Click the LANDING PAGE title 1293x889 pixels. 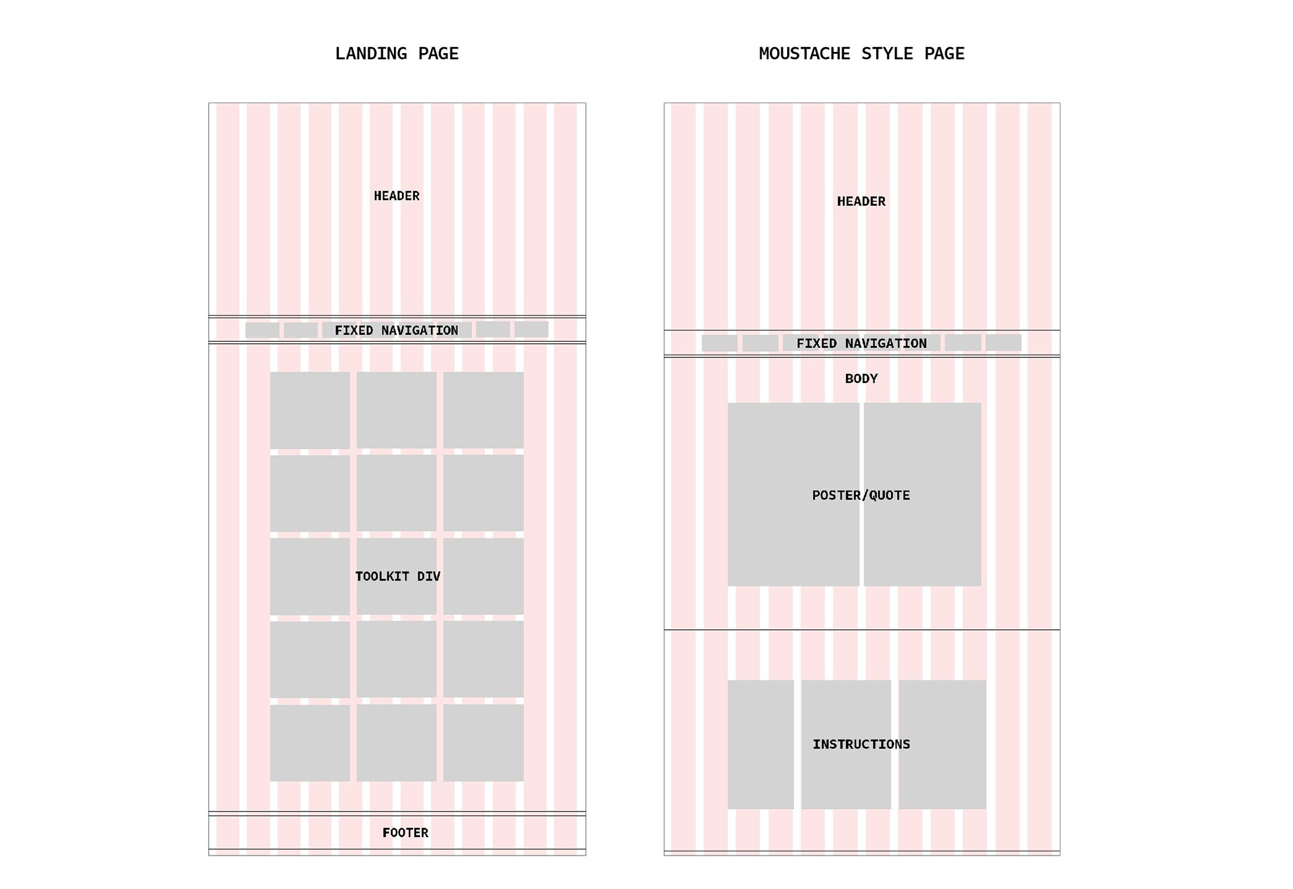pos(397,54)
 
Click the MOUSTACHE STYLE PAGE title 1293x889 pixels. pos(861,54)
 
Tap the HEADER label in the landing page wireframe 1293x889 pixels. pos(397,196)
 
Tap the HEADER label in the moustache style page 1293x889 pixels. pos(861,201)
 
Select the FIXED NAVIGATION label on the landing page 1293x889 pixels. pos(397,330)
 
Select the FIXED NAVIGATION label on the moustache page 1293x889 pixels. pos(861,343)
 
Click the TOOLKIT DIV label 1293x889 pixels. pos(397,576)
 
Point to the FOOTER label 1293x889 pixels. pos(405,832)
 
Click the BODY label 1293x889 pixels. pos(861,378)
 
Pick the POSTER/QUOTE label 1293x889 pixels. pos(861,495)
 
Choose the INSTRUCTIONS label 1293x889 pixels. pos(861,744)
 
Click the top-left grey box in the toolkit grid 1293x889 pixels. pos(310,410)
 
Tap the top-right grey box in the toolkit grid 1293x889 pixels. pos(483,410)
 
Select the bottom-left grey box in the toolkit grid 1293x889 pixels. pos(310,742)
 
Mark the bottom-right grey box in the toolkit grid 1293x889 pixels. pos(483,742)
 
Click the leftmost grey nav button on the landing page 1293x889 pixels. pos(262,330)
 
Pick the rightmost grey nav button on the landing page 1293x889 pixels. pos(531,329)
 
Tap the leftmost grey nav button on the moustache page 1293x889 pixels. pos(719,343)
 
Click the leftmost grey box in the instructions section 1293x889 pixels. pos(760,744)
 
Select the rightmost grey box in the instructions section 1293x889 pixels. pos(942,744)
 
